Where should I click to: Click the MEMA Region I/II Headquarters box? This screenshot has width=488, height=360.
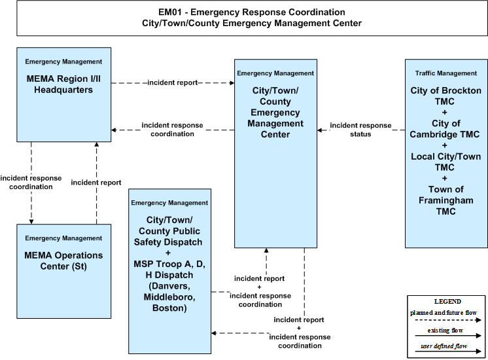point(64,95)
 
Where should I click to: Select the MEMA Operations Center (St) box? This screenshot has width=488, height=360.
point(64,271)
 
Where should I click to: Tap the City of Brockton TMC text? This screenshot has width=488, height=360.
point(445,96)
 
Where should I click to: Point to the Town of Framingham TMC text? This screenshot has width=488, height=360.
point(445,200)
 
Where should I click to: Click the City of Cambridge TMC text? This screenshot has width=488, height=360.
point(445,129)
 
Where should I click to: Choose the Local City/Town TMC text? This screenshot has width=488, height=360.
point(445,162)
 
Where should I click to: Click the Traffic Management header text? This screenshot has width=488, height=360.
point(445,73)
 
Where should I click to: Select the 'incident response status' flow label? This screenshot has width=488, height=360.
point(360,130)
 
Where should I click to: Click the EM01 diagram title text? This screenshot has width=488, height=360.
point(252,18)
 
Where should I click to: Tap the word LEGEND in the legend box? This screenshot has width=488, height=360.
point(447,302)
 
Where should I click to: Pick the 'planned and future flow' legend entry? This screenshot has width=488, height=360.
point(445,315)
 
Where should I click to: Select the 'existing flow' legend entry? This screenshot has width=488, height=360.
point(448,333)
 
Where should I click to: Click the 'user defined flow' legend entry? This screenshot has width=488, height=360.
point(448,348)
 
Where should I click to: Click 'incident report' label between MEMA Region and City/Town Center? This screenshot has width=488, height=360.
point(173,82)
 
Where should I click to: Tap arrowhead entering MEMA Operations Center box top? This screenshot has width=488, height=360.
point(31,222)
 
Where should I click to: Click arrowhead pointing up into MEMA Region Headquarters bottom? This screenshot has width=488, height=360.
point(96,144)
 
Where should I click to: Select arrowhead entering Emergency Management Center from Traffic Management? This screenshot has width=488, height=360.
point(320,130)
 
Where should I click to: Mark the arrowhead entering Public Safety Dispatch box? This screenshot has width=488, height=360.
point(213,333)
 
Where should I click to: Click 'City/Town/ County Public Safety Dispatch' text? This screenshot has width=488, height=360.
point(169,231)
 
